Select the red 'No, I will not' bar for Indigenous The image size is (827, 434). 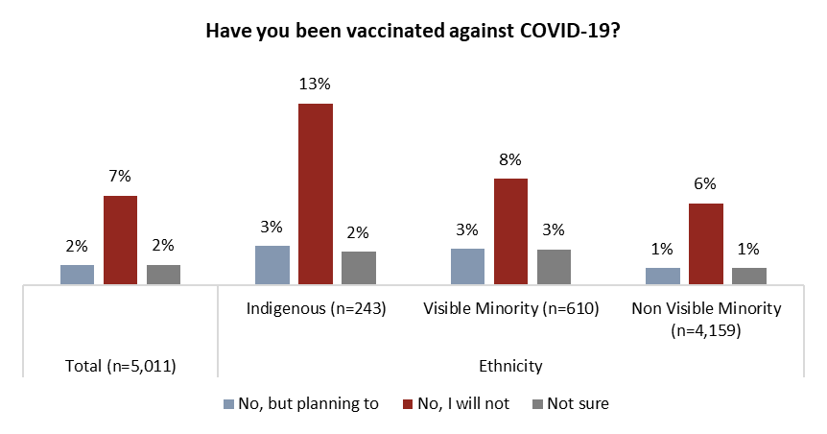[316, 193]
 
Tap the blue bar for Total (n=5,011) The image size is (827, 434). [78, 275]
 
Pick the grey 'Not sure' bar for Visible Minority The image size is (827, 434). [554, 267]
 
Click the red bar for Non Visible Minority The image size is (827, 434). [706, 244]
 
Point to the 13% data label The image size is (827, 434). [316, 84]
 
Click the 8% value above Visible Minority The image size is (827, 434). [510, 159]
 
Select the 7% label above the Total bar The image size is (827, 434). [120, 176]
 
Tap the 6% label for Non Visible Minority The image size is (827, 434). [706, 184]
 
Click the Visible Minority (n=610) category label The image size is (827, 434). [510, 309]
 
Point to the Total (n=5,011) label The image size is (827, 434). [120, 365]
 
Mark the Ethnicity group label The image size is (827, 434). [510, 365]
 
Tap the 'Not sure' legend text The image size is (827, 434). [578, 404]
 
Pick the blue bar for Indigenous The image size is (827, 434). [272, 265]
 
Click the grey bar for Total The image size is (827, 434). [163, 275]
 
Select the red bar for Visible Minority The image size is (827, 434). [510, 231]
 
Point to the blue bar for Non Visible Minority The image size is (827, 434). [663, 277]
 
